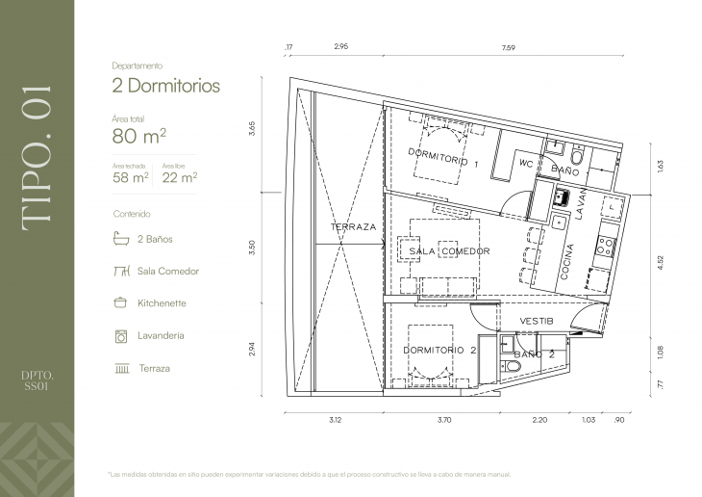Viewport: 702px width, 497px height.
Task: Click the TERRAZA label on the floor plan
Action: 353,227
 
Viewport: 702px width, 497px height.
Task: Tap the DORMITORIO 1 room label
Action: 443,158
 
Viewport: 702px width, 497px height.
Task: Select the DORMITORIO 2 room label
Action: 439,351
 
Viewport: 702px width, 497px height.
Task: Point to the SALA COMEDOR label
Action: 449,251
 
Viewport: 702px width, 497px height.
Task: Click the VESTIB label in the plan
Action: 537,321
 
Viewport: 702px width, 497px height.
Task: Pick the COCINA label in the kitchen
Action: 566,262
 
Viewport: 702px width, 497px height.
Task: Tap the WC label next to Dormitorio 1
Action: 526,164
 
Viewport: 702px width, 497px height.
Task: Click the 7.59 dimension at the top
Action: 508,47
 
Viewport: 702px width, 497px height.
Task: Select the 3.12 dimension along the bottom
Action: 335,420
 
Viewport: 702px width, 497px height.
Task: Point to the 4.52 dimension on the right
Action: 661,262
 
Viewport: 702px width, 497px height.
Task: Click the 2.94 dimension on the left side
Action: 252,350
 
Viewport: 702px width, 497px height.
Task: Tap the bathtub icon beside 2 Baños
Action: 121,239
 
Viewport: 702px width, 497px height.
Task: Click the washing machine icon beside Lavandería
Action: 121,336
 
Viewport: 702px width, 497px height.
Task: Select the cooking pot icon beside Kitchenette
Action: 120,302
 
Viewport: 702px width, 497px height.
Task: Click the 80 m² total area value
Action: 139,136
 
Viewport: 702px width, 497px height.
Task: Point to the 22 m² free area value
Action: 180,177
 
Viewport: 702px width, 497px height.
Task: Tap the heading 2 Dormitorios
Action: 165,86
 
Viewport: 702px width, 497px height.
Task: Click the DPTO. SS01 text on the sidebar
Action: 37,380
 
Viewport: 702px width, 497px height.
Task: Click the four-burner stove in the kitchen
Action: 605,247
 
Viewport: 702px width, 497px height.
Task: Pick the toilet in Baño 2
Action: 511,367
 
